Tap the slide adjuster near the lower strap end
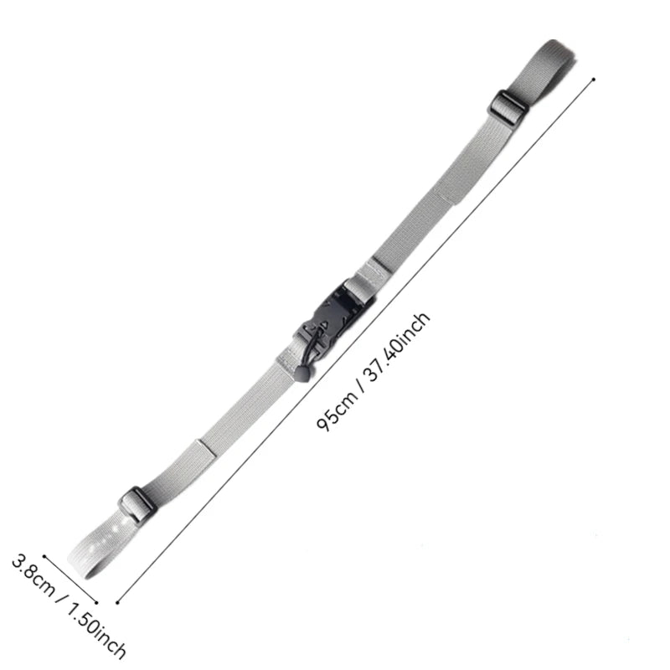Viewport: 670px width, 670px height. click(137, 505)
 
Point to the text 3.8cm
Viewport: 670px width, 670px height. click(33, 575)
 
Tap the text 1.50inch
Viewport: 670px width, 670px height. click(96, 632)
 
